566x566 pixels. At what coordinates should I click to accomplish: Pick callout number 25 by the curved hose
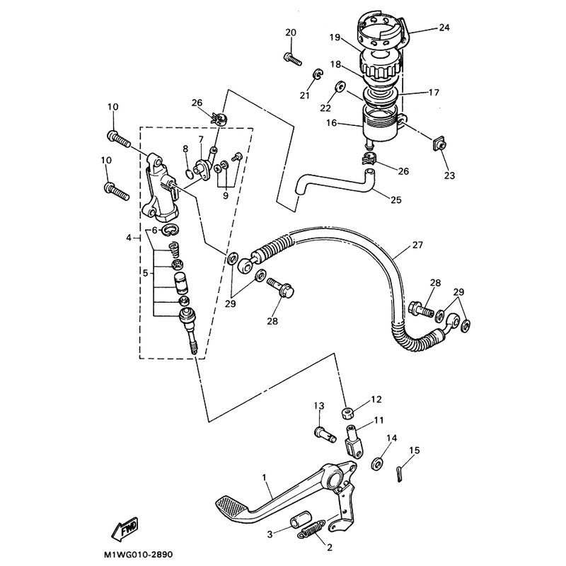[x=396, y=200]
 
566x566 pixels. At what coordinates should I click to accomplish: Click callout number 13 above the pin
[x=319, y=405]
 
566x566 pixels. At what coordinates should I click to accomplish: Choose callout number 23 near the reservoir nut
[x=450, y=175]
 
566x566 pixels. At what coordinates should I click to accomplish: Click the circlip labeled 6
[x=170, y=229]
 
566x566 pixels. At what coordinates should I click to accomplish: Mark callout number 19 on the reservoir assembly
[x=335, y=37]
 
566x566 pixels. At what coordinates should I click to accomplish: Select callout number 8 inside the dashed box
[x=185, y=149]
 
